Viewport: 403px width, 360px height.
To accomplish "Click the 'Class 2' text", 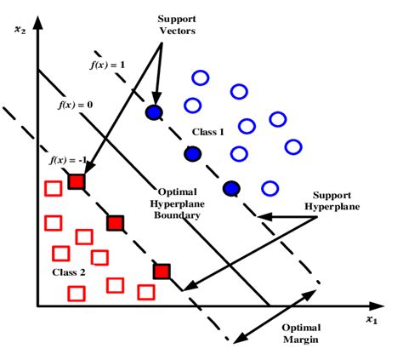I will point(45,271).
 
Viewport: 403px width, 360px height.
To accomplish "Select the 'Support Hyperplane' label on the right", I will point(338,201).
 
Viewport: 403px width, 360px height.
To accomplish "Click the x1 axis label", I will point(371,319).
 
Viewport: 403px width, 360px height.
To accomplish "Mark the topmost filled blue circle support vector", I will point(154,112).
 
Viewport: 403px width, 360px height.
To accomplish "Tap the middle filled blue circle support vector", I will point(193,153).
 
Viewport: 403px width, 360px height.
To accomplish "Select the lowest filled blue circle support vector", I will point(230,188).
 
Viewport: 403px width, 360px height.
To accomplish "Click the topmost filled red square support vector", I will point(77,181).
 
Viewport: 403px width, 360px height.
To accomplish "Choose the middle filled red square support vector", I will point(116,223).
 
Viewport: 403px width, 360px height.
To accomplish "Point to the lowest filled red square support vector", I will point(162,271).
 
